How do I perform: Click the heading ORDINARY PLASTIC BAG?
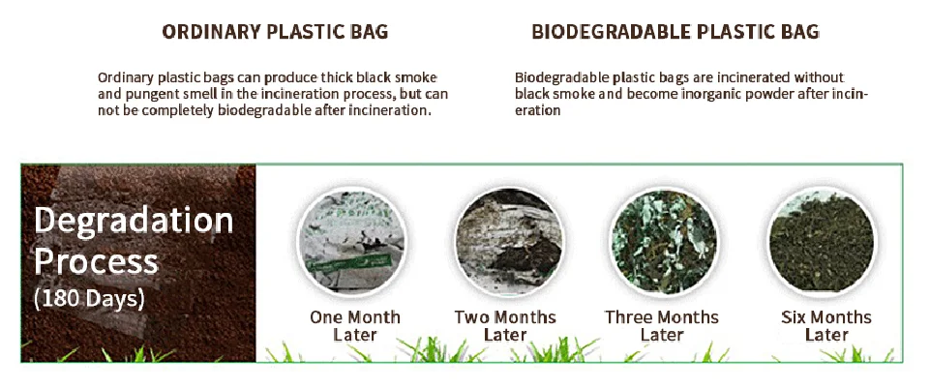[x=275, y=32]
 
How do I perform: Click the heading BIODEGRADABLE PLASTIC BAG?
[x=675, y=32]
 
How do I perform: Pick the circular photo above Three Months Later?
[x=663, y=241]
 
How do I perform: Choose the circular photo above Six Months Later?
[x=821, y=241]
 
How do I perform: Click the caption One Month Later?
[x=354, y=326]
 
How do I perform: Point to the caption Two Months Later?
[x=505, y=326]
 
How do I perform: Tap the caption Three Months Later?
[x=662, y=326]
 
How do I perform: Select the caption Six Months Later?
[x=826, y=326]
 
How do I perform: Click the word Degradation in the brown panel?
[x=134, y=222]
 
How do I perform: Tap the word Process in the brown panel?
[x=96, y=261]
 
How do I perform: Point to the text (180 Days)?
[x=89, y=298]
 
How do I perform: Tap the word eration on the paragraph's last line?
[x=538, y=110]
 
